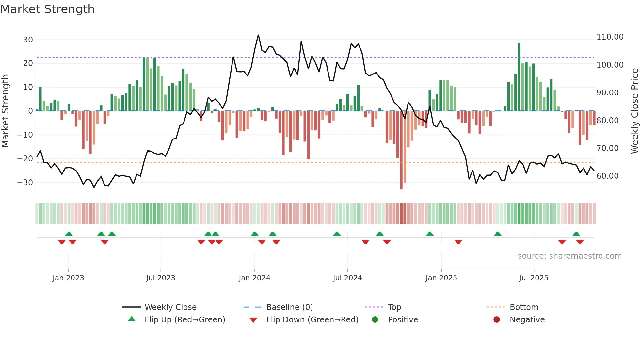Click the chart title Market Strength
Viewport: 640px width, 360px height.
coord(47,9)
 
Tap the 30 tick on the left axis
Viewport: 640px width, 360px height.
coord(28,40)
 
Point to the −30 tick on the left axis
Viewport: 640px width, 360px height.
coord(25,183)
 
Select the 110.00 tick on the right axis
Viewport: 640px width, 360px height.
coord(610,37)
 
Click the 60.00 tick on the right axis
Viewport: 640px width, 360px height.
coord(607,176)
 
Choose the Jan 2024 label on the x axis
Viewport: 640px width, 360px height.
coord(254,278)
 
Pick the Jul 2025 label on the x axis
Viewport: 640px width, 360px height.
coord(534,278)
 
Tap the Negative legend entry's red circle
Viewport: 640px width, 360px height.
coord(497,320)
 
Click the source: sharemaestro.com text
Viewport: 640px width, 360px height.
coord(569,256)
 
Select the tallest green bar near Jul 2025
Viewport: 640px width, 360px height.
coord(519,77)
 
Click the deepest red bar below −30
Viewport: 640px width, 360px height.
coord(401,150)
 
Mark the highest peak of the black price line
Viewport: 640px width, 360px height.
coord(258,35)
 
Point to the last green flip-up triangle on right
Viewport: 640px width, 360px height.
coord(576,234)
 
